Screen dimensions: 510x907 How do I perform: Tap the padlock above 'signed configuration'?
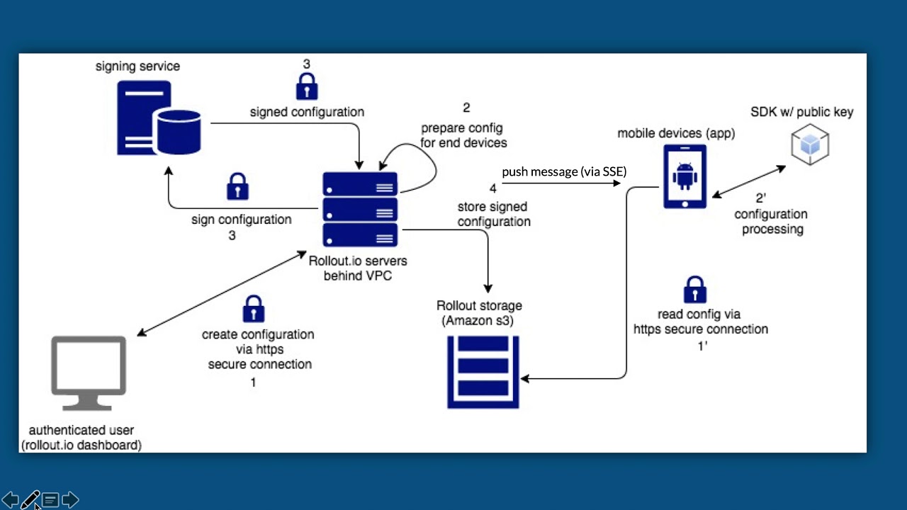(307, 87)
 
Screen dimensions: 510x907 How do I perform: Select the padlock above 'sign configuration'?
(237, 187)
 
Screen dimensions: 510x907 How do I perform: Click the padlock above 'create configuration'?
(253, 310)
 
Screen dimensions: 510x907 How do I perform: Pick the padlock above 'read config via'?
(694, 290)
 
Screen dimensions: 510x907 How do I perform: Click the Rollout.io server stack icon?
(360, 210)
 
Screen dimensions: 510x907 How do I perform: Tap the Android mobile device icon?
(685, 176)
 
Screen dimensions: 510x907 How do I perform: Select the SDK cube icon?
(810, 144)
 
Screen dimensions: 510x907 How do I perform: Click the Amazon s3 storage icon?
(483, 372)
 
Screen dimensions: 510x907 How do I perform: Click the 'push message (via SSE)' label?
(564, 172)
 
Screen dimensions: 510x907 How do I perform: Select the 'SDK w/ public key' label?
(802, 112)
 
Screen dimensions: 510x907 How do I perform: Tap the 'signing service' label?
(137, 67)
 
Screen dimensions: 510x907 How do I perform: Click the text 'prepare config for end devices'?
(464, 135)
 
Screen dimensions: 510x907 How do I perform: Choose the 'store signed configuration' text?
(493, 214)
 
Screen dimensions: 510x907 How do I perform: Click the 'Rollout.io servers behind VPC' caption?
(358, 268)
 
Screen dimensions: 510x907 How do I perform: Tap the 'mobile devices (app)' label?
(676, 133)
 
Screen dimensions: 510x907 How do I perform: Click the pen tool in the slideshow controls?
(30, 500)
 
